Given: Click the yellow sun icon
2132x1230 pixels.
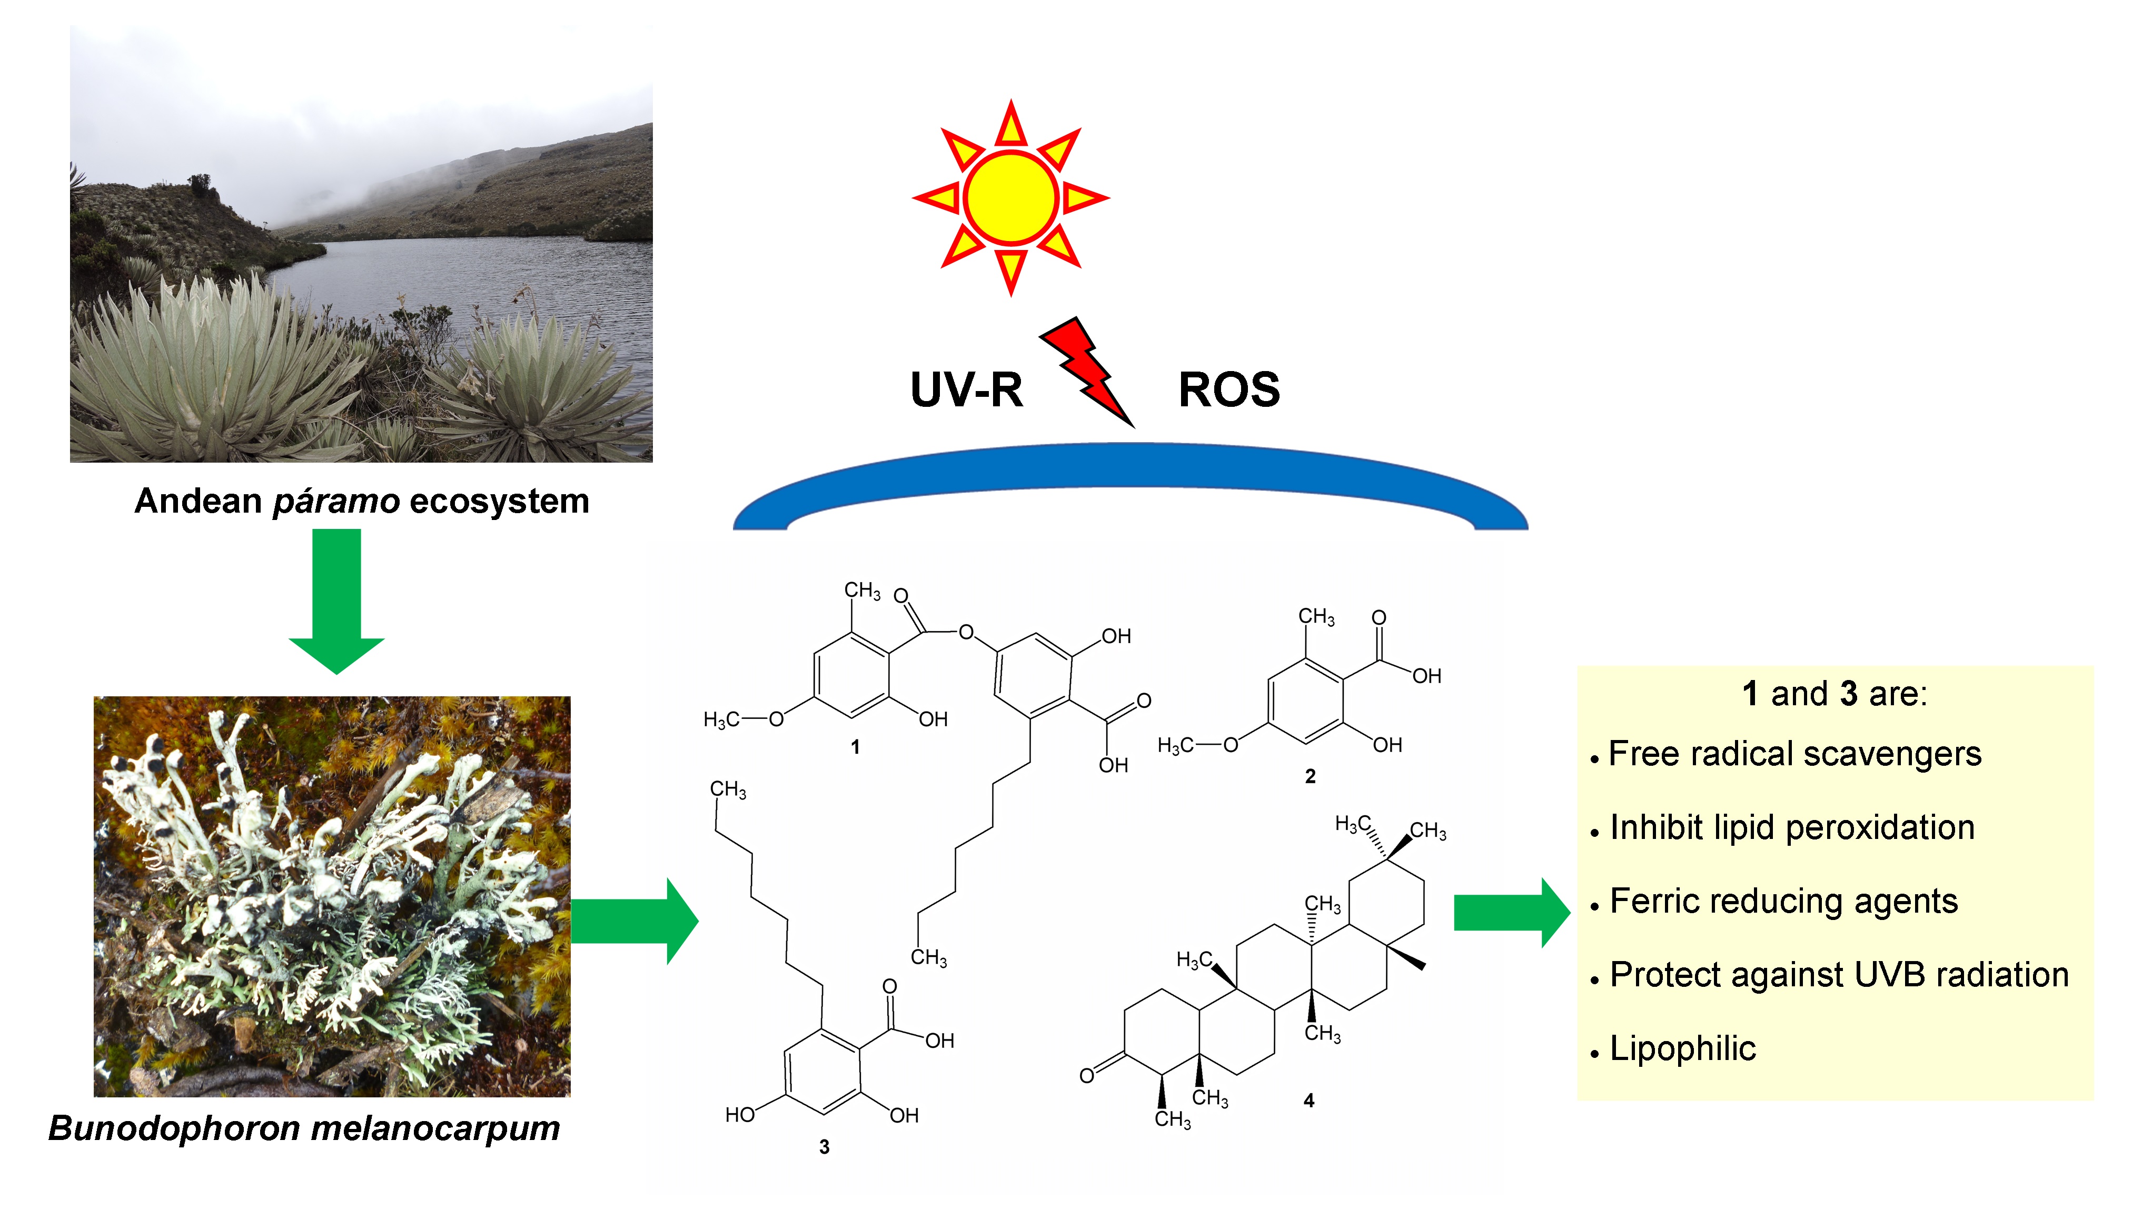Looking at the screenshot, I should (1010, 198).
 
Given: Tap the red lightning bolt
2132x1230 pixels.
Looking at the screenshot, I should (1086, 372).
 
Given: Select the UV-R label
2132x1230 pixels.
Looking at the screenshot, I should (966, 391).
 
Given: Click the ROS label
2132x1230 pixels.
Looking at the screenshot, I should (1228, 391).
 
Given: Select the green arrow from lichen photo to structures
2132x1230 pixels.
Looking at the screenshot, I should (634, 921).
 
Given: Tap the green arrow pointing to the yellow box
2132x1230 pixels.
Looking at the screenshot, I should (1510, 912).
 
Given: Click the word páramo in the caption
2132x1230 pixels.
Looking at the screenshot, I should (335, 502).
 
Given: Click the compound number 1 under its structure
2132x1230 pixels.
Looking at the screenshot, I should (855, 747).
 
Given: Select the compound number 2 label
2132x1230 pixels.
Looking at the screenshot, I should (1310, 776).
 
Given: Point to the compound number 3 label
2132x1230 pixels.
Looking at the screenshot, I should (824, 1146).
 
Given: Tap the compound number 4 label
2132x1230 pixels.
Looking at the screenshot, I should (1309, 1100).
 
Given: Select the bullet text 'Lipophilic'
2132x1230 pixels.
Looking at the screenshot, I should (1682, 1048).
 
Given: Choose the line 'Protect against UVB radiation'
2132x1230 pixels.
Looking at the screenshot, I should (1839, 975).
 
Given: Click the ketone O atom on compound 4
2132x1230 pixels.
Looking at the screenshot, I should (1087, 1075).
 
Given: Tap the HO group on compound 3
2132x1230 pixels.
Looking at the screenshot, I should (740, 1115).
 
